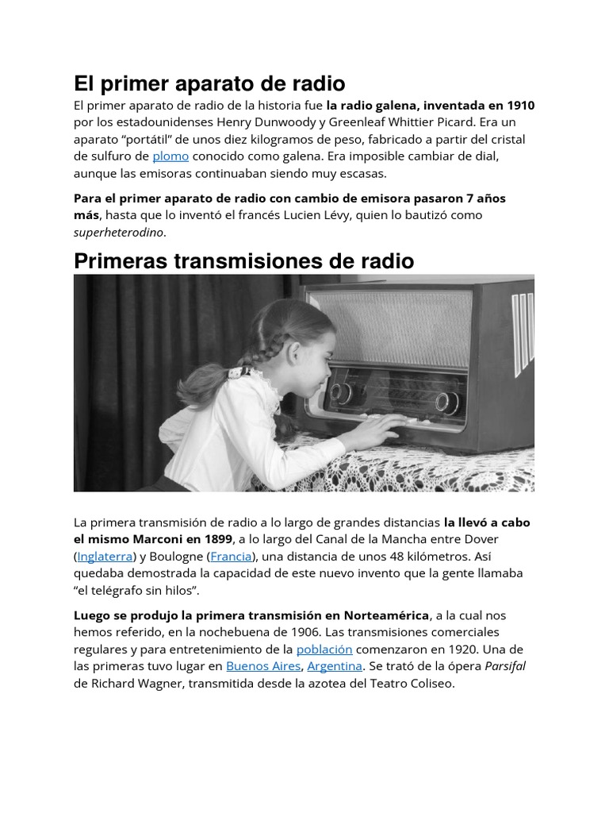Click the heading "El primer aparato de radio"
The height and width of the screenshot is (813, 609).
coord(209,83)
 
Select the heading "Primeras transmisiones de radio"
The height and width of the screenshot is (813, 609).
coord(243,261)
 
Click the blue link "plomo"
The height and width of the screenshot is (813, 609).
coord(170,156)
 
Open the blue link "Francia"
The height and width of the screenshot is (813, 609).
coord(232,557)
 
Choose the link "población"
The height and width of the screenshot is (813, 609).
coord(324,649)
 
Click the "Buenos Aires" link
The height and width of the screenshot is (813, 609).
coord(263,666)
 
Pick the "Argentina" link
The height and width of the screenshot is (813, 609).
coord(335,666)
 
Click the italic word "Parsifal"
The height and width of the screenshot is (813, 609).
coord(505,666)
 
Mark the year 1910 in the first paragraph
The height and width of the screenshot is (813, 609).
coord(519,105)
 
